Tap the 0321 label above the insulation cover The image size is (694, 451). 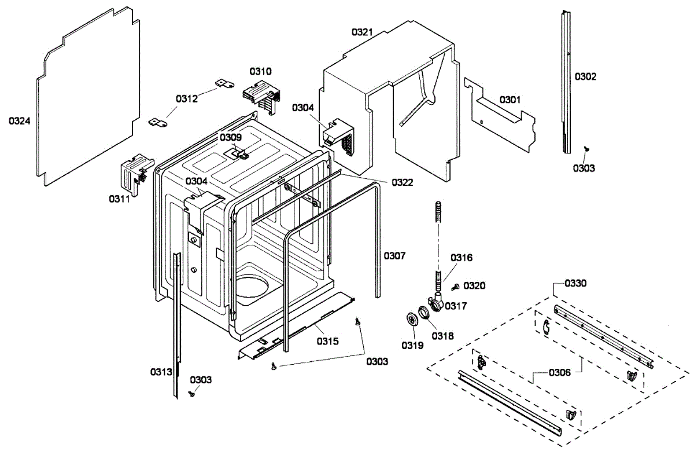(x=363, y=32)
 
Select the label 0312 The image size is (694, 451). (x=187, y=98)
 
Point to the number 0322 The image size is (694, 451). (x=402, y=182)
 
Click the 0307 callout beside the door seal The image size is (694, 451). (x=394, y=255)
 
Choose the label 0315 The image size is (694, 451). (x=327, y=340)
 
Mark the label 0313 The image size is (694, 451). (x=161, y=372)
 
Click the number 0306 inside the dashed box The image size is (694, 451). (x=559, y=372)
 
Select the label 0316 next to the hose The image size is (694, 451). (x=462, y=257)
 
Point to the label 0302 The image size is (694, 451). (x=585, y=76)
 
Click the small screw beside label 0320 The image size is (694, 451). (x=455, y=287)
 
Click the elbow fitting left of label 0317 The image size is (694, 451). (x=437, y=301)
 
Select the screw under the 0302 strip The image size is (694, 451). (x=585, y=149)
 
